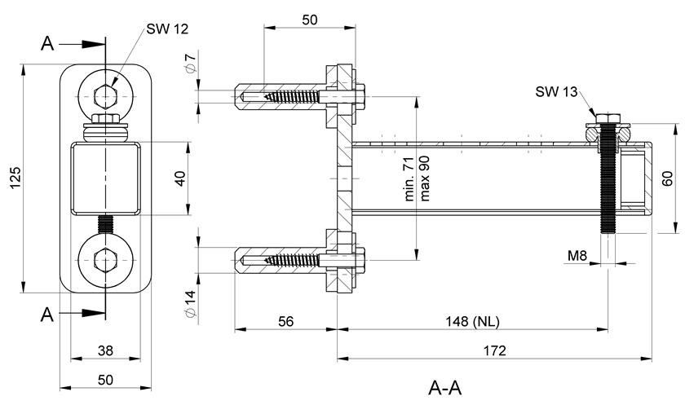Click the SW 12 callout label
[x=167, y=29]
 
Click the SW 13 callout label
[x=556, y=92]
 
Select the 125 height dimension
[x=15, y=178]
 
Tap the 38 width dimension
[x=105, y=350]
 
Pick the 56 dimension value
[x=285, y=321]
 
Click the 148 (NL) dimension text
[x=472, y=321]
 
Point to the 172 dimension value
[x=494, y=350]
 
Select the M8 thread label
[x=577, y=255]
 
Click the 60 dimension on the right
[x=668, y=178]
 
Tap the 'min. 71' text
[x=409, y=178]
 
